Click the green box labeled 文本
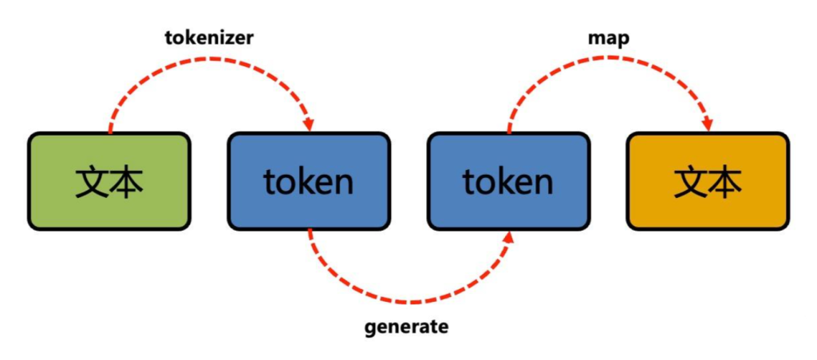click(x=109, y=181)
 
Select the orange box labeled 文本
click(x=708, y=181)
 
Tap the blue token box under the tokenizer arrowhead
click(x=309, y=181)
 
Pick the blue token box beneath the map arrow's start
click(x=508, y=181)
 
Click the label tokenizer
click(x=209, y=38)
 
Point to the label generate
click(x=406, y=326)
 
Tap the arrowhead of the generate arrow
click(x=507, y=237)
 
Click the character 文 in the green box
click(x=92, y=183)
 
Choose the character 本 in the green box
click(x=127, y=183)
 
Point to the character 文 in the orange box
click(x=690, y=183)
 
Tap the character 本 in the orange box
click(x=725, y=183)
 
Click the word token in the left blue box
click(x=309, y=183)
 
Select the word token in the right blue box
click(x=508, y=183)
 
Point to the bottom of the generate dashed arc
click(x=408, y=303)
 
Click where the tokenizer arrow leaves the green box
click(x=110, y=132)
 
